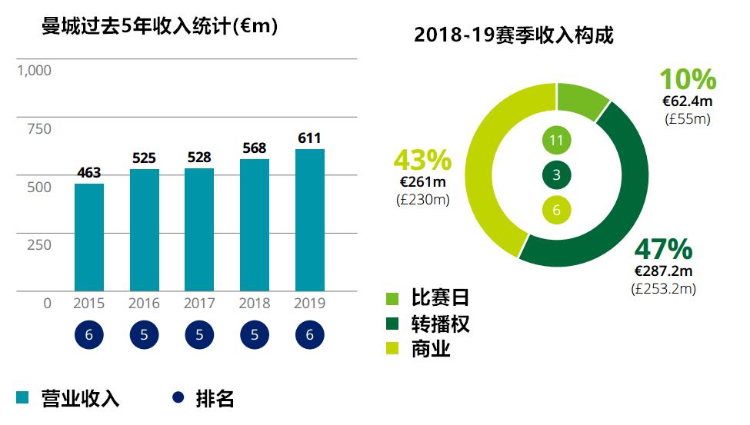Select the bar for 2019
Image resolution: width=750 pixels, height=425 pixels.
310,220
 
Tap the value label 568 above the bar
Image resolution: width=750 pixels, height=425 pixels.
255,148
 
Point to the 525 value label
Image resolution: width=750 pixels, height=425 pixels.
144,158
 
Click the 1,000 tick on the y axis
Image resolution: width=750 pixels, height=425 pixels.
34,71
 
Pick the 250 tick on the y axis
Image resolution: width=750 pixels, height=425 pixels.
39,245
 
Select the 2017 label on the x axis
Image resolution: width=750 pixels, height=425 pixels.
199,304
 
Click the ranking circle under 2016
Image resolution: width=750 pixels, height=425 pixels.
145,335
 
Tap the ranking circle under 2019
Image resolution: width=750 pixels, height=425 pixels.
310,335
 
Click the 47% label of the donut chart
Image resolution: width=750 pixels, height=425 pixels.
663,249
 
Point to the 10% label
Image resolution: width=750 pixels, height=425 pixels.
688,80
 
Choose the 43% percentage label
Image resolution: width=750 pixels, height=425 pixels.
422,160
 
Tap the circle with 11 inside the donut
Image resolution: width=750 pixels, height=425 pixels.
557,141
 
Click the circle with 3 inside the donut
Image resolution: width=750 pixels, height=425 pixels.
557,175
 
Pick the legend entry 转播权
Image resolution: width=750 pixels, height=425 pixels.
439,324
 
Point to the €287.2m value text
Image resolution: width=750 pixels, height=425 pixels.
663,271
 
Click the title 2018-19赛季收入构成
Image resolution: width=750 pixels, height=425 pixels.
514,35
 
